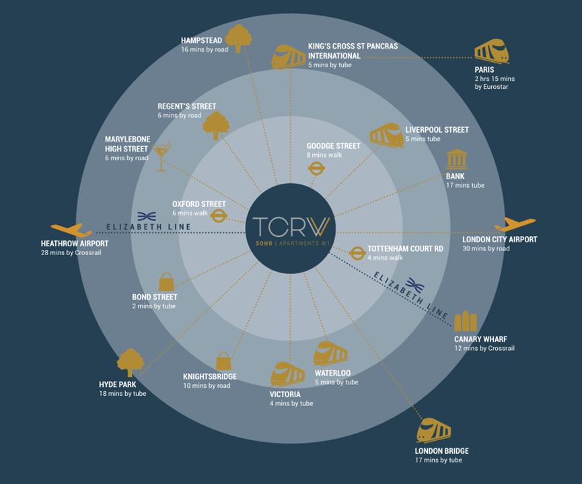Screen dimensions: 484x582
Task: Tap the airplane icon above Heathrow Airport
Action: [x=70, y=230]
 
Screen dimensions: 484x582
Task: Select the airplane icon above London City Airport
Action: [x=515, y=225]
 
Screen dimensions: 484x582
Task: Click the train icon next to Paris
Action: [x=491, y=51]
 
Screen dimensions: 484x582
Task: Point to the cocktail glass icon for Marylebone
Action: [x=161, y=156]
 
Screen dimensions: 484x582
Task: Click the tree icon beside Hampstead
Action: [x=238, y=38]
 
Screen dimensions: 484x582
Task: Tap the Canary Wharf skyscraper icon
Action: [x=466, y=322]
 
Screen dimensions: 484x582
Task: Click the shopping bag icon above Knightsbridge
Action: [x=223, y=361]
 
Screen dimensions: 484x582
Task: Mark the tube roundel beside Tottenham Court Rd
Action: [x=357, y=253]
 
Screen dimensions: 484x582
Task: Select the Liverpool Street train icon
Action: [x=386, y=135]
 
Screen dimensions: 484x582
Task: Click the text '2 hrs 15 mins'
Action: [x=494, y=79]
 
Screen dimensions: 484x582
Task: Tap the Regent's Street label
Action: [x=186, y=106]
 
